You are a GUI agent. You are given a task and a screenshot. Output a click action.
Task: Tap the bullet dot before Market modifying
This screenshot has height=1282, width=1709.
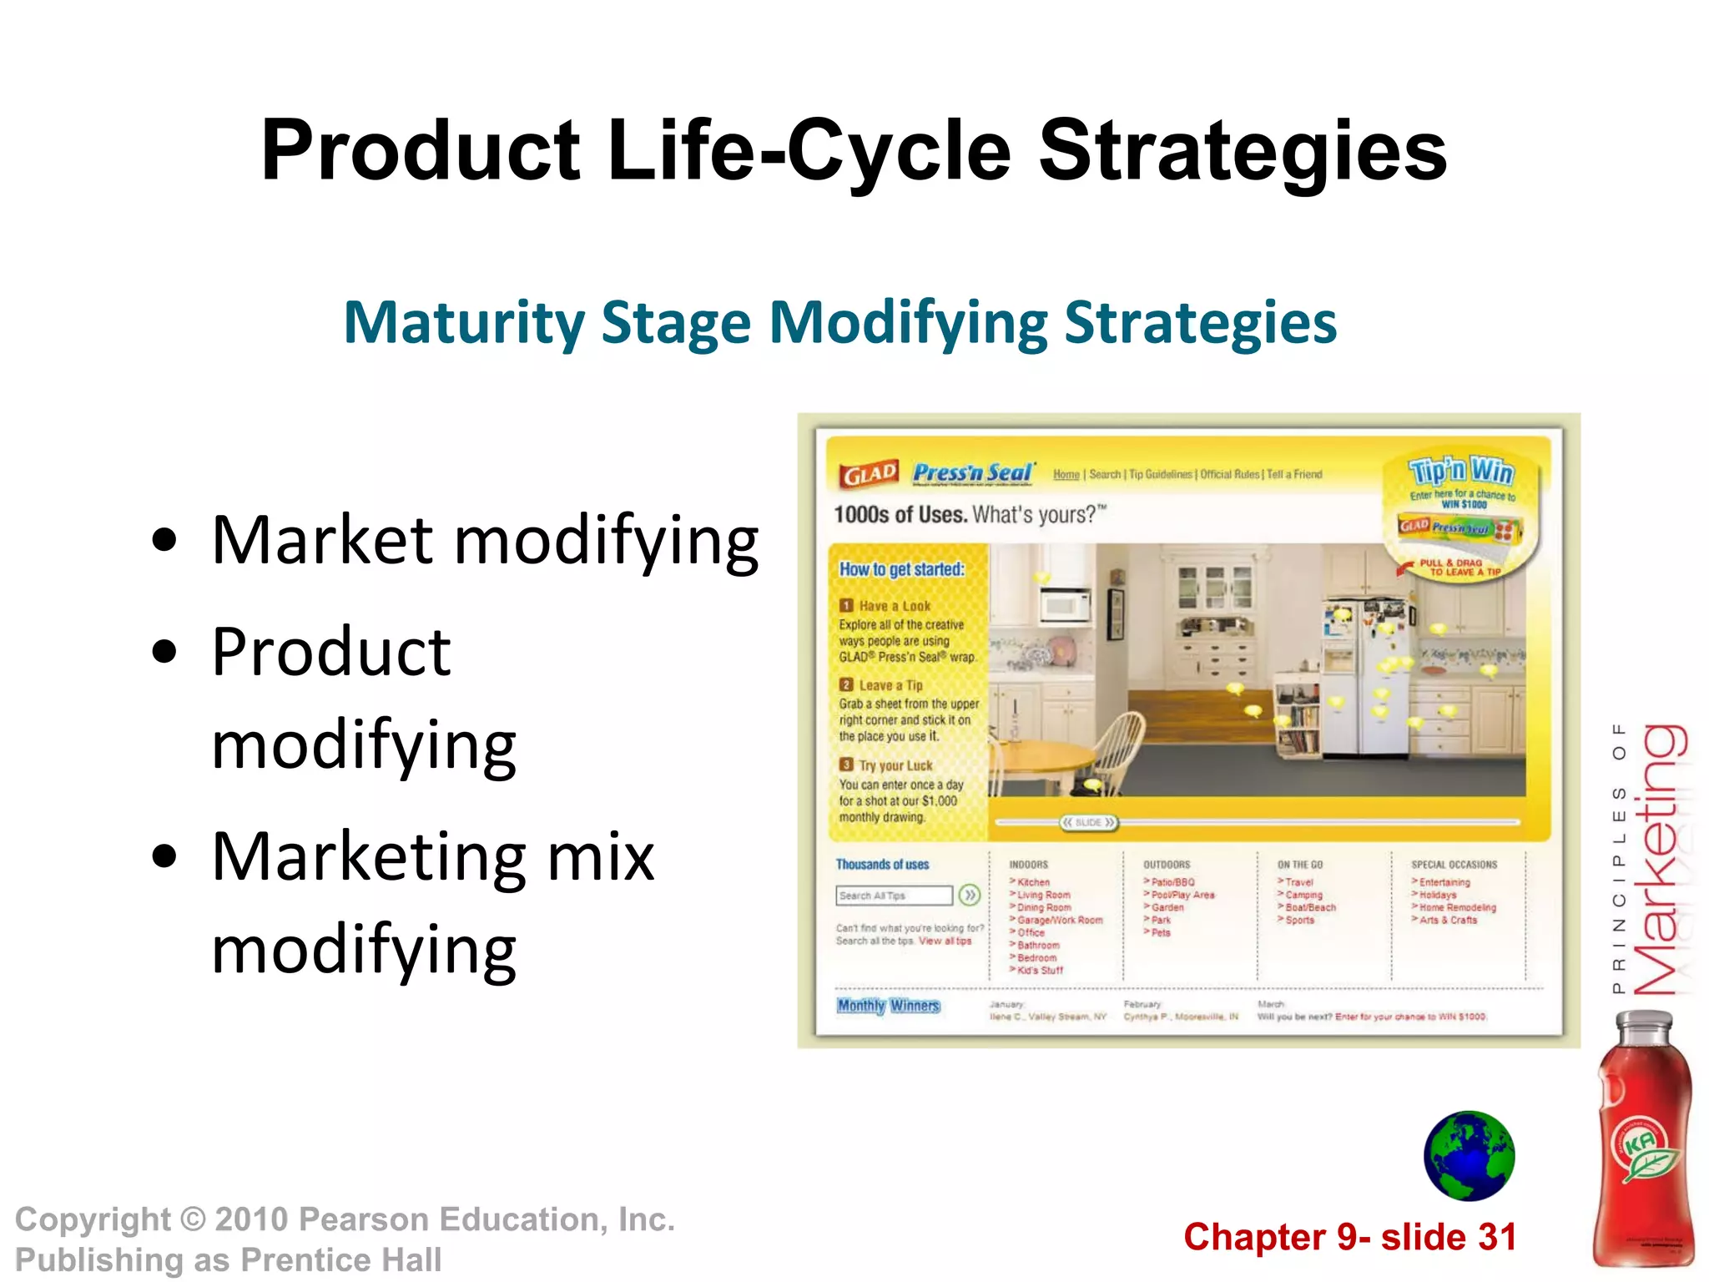point(165,540)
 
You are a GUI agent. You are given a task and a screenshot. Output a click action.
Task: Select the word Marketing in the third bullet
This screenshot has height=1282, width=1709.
point(368,857)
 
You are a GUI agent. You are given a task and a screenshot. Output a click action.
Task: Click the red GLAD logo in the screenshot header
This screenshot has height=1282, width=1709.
point(870,474)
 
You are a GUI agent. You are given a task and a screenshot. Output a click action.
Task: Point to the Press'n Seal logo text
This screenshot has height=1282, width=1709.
point(973,472)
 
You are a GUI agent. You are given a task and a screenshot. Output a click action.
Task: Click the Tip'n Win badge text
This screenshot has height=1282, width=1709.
point(1460,471)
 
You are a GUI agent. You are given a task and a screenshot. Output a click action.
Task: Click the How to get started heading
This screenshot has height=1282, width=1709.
point(901,569)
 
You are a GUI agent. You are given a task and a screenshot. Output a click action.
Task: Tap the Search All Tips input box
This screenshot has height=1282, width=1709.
point(893,896)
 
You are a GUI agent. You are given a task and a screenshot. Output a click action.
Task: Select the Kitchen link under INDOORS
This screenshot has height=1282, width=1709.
point(1033,882)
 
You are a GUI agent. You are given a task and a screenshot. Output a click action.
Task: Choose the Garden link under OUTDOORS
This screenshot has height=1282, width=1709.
point(1167,907)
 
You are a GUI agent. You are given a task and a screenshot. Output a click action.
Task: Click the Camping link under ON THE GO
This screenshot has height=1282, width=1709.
point(1303,895)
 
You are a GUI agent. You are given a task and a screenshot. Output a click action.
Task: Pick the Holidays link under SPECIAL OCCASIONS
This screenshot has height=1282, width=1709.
point(1438,895)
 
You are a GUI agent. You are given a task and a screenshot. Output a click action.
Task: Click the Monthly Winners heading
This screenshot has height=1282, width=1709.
point(889,1006)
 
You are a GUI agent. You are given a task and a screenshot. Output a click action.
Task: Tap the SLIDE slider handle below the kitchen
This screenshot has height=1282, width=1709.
point(1088,823)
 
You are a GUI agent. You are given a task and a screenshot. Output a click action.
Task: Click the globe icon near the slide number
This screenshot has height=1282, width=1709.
point(1469,1156)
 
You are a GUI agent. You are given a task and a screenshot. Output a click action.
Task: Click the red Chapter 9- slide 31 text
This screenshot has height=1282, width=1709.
point(1349,1237)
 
